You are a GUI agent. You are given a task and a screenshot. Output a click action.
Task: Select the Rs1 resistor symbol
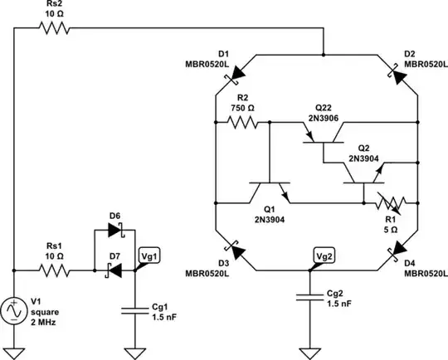coord(55,270)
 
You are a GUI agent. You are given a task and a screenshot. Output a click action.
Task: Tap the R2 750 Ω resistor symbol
coord(241,123)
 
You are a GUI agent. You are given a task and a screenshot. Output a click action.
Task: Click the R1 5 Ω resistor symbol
coord(389,202)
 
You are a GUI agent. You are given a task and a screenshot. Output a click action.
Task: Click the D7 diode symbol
coord(114,270)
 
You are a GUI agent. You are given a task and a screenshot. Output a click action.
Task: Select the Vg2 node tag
coord(324,255)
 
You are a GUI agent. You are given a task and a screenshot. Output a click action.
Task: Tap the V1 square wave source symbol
coord(15,311)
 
